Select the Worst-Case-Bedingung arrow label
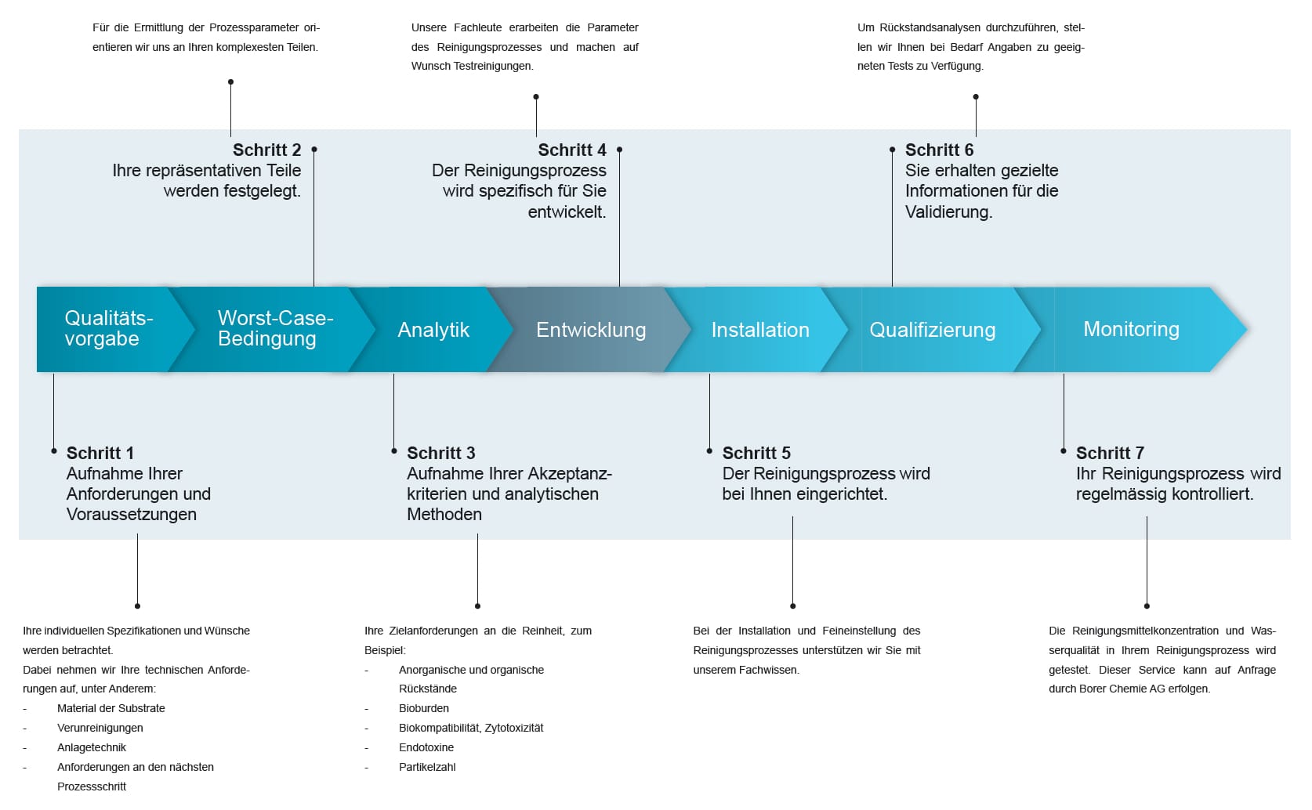275,328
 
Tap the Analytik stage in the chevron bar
433,330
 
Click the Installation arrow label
760,330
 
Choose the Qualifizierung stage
933,330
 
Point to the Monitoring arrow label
1131,329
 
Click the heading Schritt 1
100,453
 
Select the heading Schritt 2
267,150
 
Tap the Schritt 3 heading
441,453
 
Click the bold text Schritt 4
572,150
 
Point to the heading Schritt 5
756,453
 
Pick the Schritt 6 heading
940,150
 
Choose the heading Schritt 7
1110,453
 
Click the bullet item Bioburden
424,708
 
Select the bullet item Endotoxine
426,747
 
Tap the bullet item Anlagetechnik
92,747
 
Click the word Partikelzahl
427,767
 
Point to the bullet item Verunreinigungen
100,728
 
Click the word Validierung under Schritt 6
949,212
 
